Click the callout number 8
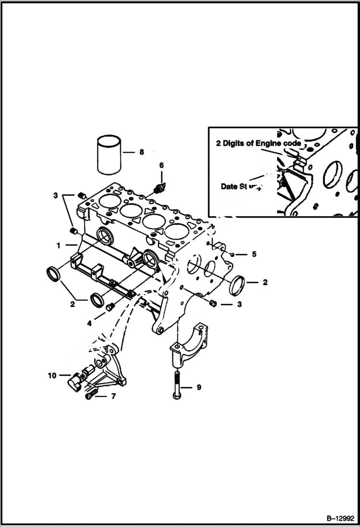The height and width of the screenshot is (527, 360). click(x=141, y=152)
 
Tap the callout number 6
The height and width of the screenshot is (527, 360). click(x=161, y=165)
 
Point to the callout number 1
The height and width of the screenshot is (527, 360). click(x=58, y=245)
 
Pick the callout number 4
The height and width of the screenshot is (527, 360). click(x=89, y=323)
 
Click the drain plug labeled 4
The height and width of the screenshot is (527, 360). click(x=110, y=306)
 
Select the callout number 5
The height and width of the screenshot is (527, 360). click(x=254, y=254)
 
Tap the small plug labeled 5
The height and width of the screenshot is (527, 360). click(x=232, y=254)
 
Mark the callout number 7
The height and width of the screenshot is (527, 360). click(x=113, y=396)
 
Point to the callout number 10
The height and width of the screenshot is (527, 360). click(x=52, y=376)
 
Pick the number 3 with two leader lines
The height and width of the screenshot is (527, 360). click(x=56, y=196)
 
